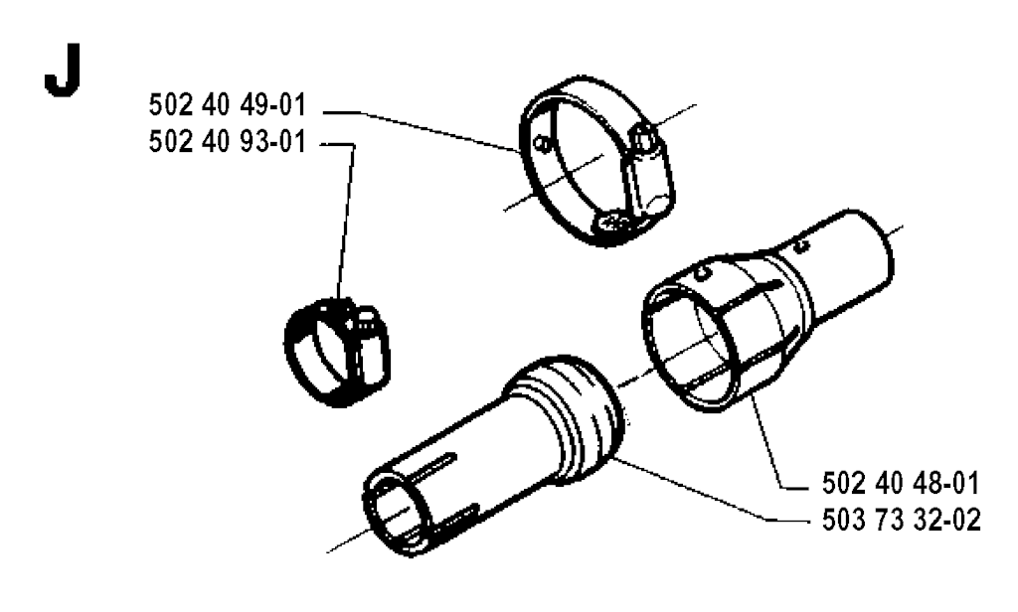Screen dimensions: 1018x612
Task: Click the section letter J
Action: point(63,71)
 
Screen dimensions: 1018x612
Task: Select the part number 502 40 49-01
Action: point(228,105)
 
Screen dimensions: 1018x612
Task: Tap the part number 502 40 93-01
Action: point(228,142)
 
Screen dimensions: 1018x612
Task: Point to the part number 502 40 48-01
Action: point(901,484)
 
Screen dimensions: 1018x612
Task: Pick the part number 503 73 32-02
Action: point(901,520)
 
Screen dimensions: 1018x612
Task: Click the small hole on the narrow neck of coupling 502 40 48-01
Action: point(802,246)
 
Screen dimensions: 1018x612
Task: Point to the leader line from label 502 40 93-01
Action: point(346,221)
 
